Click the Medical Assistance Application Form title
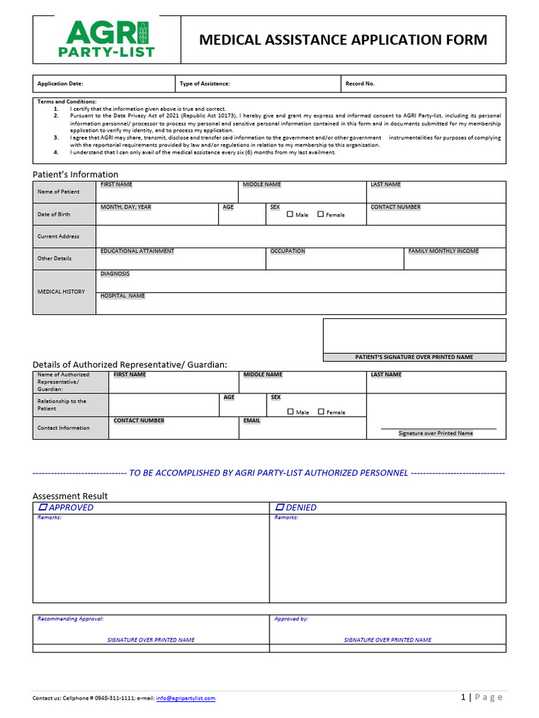pos(343,40)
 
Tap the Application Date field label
pos(60,83)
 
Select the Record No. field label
pos(360,83)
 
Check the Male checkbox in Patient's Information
pos(291,215)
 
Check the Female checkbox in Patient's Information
pos(321,215)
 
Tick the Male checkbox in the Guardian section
pos(291,412)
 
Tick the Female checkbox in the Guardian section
pos(321,412)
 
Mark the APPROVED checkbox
pos(43,507)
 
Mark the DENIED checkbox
pos(280,507)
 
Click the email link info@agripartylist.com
pos(186,698)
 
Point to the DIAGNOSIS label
pos(115,274)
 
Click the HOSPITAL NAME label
pos(123,296)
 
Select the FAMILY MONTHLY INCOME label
pos(444,251)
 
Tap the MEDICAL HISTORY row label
pos(61,292)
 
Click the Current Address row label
pos(58,236)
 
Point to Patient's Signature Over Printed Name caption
pos(414,357)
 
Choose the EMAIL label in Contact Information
pos(252,421)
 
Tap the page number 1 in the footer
pos(463,697)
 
